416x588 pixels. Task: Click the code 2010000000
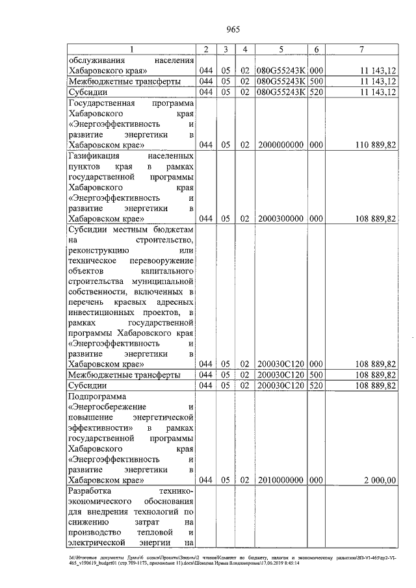click(x=281, y=480)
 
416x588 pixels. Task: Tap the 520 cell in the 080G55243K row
click(x=317, y=92)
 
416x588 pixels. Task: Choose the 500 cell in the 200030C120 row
click(x=317, y=375)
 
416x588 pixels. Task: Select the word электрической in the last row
click(x=97, y=543)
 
